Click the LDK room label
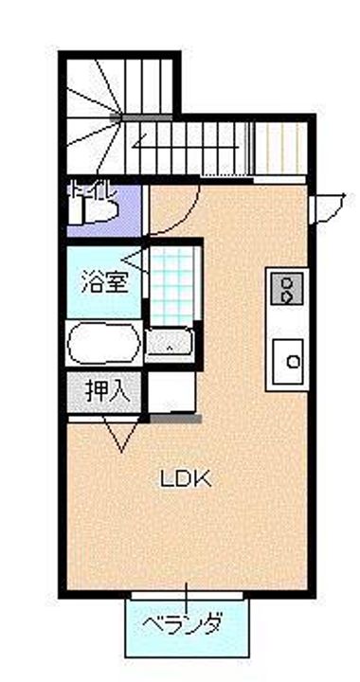point(184,478)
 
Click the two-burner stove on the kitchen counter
point(285,287)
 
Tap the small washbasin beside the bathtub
point(169,343)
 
